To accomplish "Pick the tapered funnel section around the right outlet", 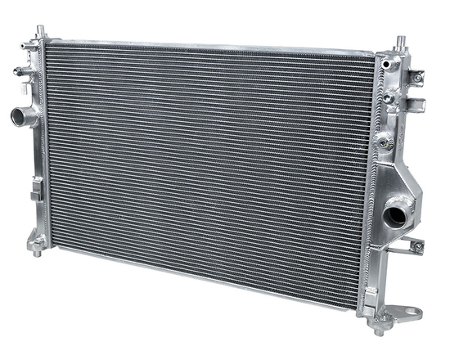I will pyautogui.click(x=399, y=196).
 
